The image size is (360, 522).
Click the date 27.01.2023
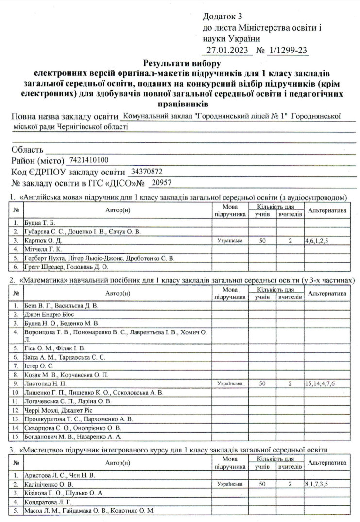tap(227, 50)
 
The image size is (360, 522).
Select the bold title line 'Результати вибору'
tap(182, 63)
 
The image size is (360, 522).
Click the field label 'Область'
tap(28, 149)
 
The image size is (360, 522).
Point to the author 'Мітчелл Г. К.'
tap(43, 249)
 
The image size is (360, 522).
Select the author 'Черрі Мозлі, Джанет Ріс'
tap(56, 410)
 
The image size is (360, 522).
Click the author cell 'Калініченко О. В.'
tap(48, 484)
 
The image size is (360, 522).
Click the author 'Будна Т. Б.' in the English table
tap(39, 223)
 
